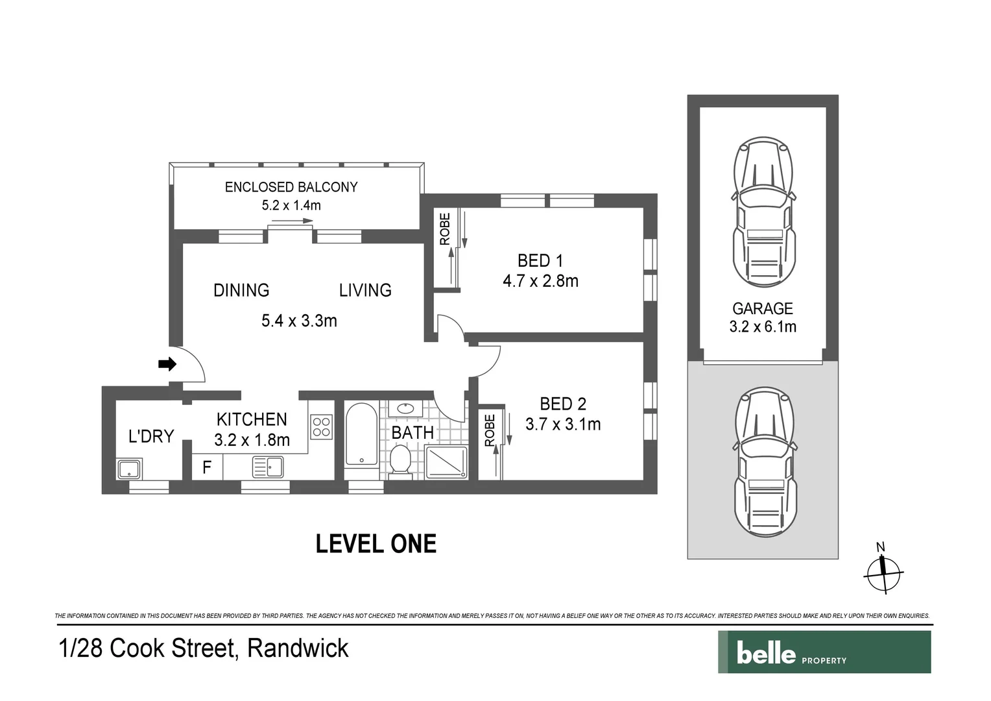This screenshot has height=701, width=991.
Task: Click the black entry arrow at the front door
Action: (167, 364)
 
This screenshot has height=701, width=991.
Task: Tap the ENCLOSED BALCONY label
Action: (291, 188)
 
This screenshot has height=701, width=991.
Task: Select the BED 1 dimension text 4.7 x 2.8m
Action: (541, 281)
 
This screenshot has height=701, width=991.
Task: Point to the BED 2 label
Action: (563, 404)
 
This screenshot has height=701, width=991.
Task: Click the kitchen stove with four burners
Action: (322, 427)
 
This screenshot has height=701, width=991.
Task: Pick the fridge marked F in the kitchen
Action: (207, 467)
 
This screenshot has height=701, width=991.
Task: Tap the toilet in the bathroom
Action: (401, 462)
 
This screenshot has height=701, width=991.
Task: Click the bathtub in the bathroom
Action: (362, 435)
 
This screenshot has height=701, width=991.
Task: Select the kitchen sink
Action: (268, 467)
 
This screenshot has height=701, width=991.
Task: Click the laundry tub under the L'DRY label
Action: (130, 469)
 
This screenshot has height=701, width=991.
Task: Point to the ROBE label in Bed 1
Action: (445, 229)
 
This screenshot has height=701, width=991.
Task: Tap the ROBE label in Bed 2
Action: (490, 430)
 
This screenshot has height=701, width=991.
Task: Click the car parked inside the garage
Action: (763, 212)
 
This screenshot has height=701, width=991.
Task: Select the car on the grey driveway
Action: (765, 462)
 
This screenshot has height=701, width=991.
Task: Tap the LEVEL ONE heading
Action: (376, 544)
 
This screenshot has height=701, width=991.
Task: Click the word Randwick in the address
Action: (298, 648)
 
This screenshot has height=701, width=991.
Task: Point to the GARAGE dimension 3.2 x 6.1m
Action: (763, 326)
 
